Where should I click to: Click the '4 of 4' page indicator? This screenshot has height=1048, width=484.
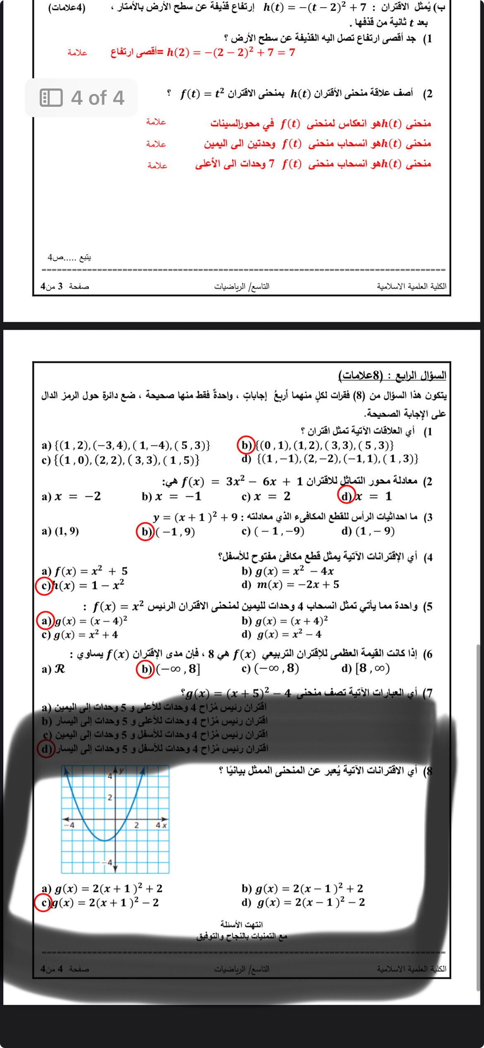pyautogui.click(x=98, y=98)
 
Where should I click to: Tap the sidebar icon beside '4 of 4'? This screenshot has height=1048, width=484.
pyautogui.click(x=51, y=98)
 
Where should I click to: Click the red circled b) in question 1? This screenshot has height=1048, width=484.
pyautogui.click(x=246, y=445)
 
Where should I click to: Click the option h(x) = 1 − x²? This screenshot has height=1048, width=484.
pyautogui.click(x=89, y=586)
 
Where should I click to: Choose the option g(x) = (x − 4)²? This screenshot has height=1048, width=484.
pyautogui.click(x=91, y=621)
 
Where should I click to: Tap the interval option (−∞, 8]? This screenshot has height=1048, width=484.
pyautogui.click(x=178, y=669)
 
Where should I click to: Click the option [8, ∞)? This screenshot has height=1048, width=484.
pyautogui.click(x=372, y=668)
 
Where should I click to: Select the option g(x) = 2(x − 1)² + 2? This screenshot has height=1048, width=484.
pyautogui.click(x=309, y=888)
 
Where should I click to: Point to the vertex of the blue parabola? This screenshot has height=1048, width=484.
pyautogui.click(x=105, y=841)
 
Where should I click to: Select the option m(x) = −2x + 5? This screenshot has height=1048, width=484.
pyautogui.click(x=298, y=584)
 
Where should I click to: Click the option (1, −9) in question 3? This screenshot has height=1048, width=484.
pyautogui.click(x=375, y=531)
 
